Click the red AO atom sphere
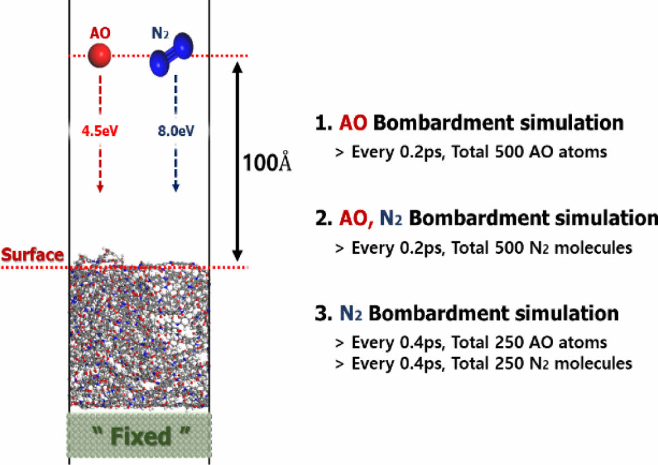100,56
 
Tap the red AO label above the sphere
100,33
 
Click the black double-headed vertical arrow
238,161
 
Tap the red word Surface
32,255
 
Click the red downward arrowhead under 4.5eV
100,188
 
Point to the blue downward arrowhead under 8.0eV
176,188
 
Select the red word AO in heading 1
353,123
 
